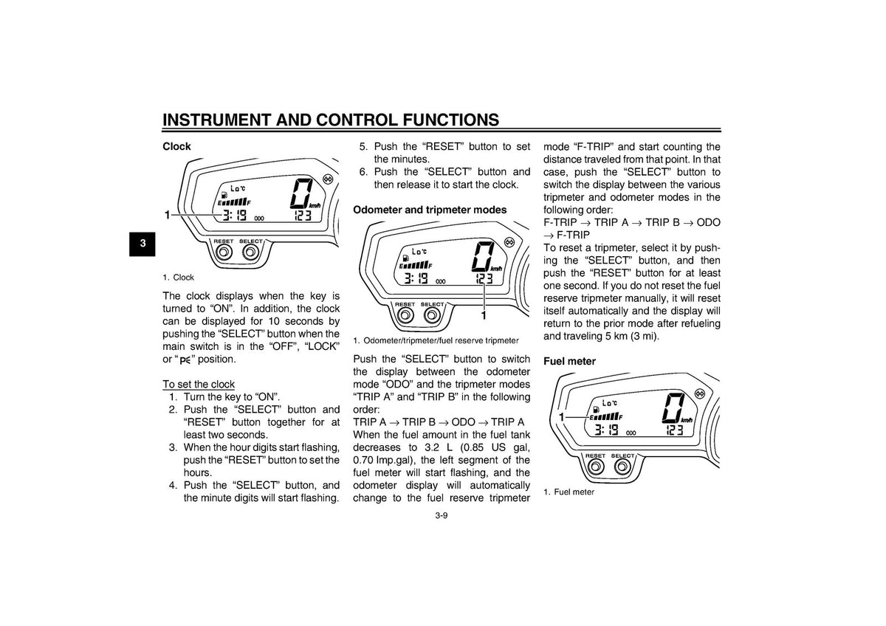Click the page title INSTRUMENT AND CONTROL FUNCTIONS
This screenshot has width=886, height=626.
pos(331,120)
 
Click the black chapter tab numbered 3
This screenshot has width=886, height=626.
pos(142,244)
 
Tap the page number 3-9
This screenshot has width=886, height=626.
pos(442,516)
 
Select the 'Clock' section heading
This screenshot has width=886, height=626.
pos(176,147)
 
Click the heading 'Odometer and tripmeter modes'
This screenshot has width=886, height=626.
pos(430,210)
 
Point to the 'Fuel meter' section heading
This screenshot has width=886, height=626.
pos(569,361)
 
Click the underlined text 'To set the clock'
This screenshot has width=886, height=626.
pos(199,384)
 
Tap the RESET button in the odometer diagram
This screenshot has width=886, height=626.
pos(405,315)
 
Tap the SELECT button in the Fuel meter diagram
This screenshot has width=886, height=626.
pos(622,467)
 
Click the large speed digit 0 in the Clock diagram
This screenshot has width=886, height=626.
pos(301,193)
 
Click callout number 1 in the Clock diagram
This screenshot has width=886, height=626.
pos(168,215)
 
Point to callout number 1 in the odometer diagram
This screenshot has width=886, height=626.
pos(484,315)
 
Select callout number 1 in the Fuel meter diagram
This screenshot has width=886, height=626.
pos(561,417)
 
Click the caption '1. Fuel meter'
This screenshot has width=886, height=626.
pos(569,492)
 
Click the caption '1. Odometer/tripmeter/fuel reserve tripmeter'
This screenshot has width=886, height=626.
pos(436,340)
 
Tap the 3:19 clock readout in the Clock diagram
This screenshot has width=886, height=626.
pos(234,216)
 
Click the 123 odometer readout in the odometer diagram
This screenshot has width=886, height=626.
pos(484,278)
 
